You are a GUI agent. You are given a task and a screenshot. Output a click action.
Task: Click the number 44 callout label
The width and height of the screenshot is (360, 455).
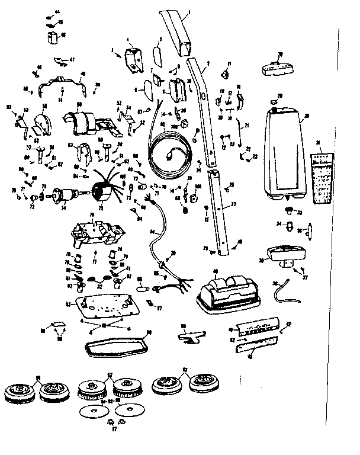tap(57, 12)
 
